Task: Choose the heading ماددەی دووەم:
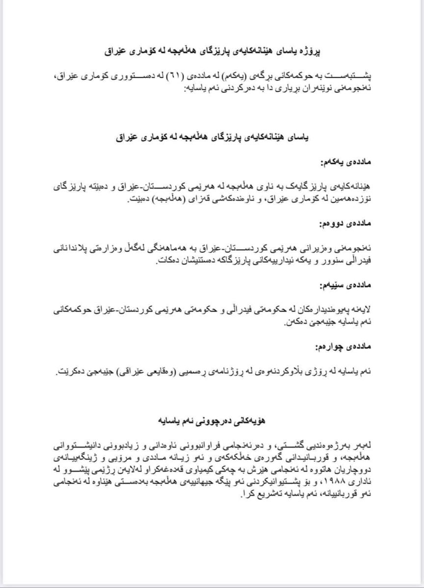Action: [346, 224]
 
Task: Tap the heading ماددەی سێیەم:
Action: [346, 285]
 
